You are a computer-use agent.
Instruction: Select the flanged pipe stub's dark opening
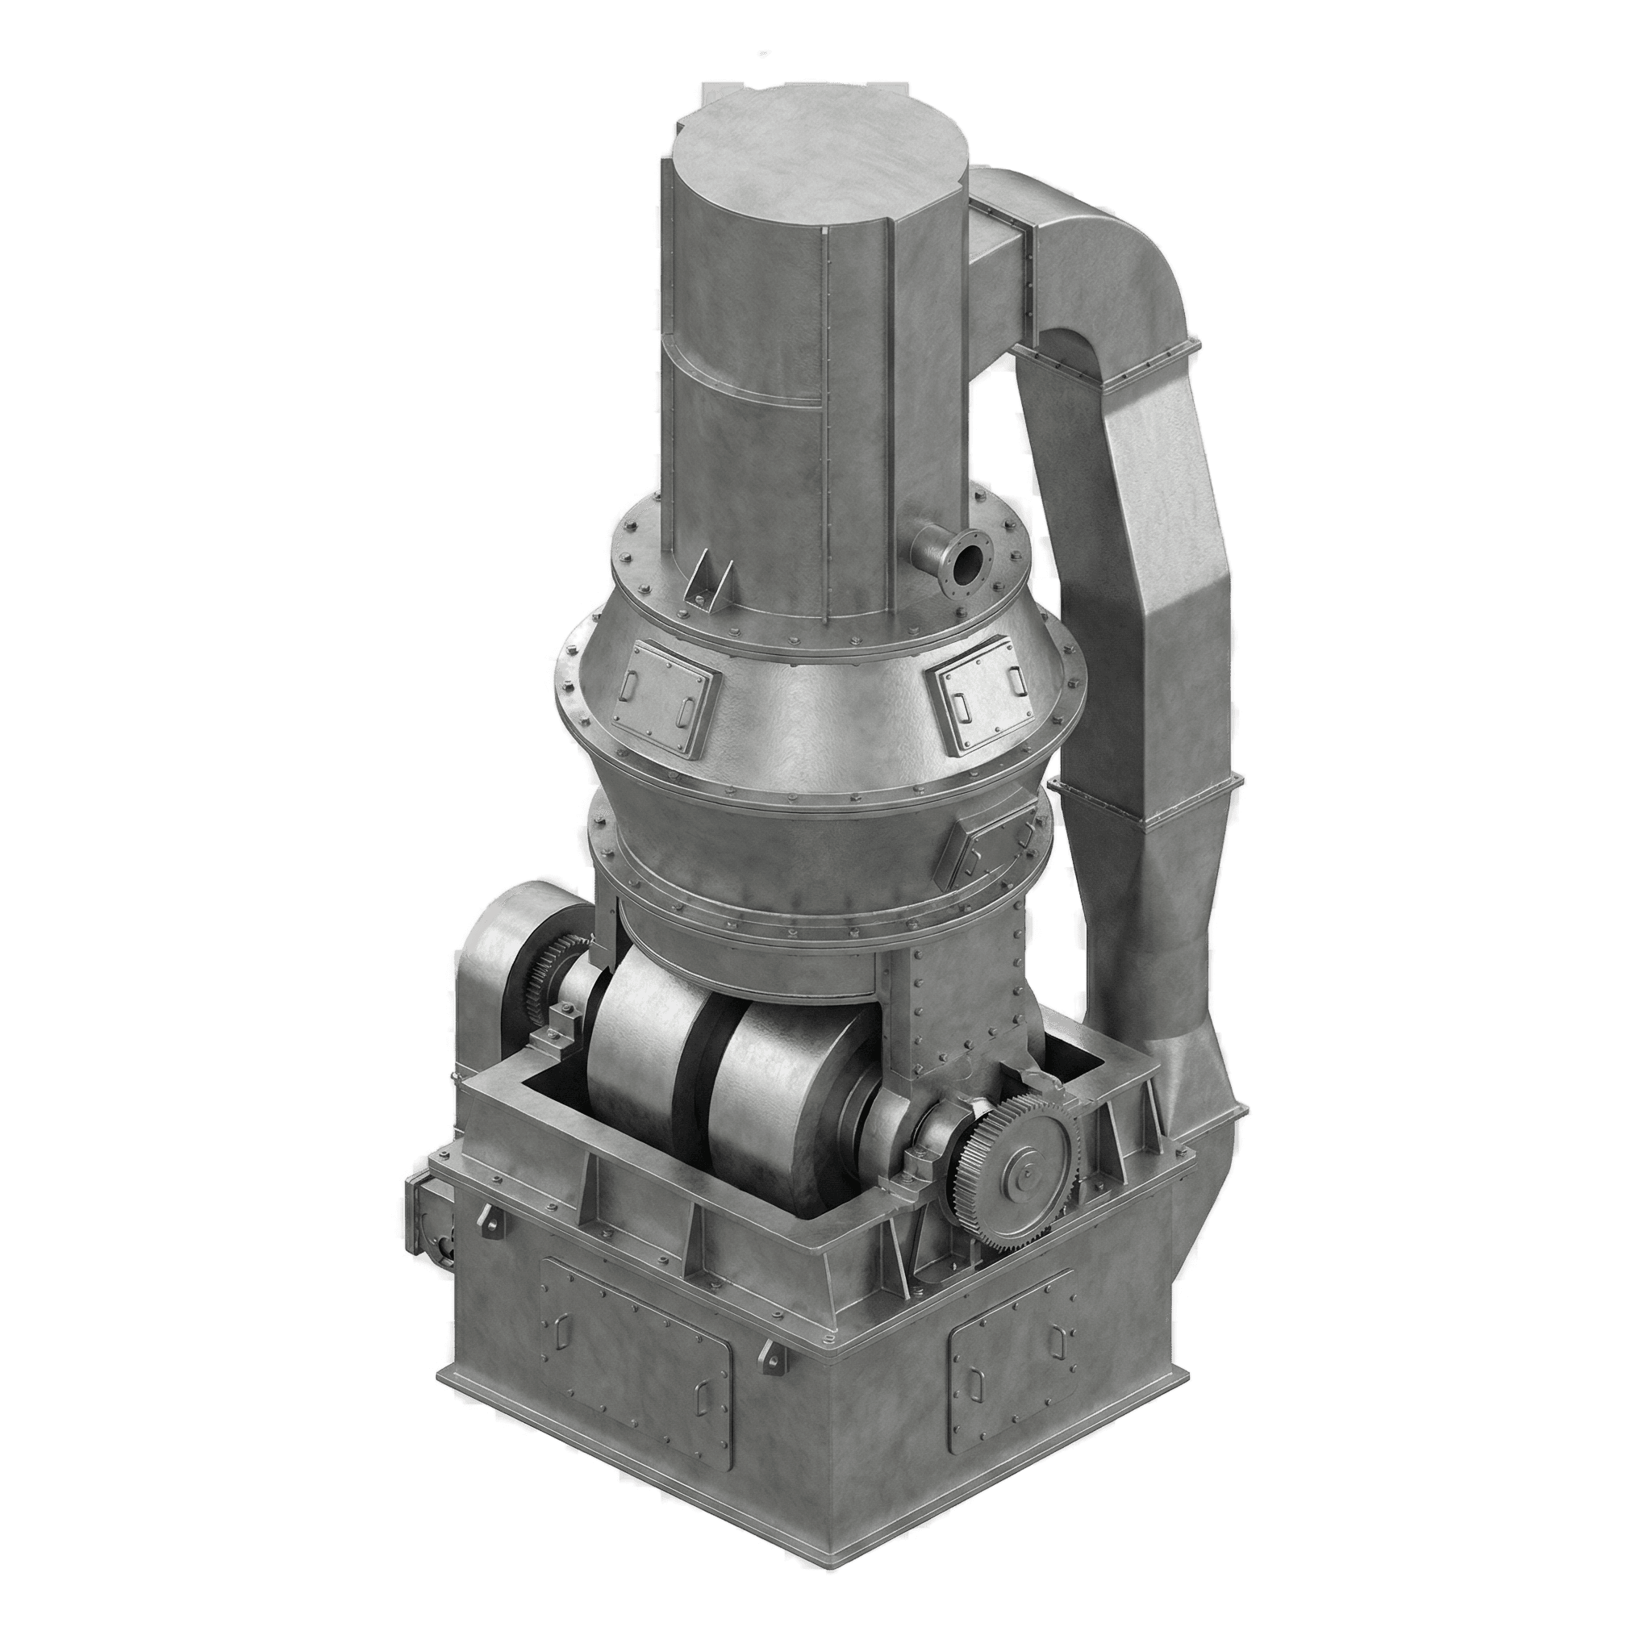(969, 565)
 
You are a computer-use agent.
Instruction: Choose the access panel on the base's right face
(1013, 1359)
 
